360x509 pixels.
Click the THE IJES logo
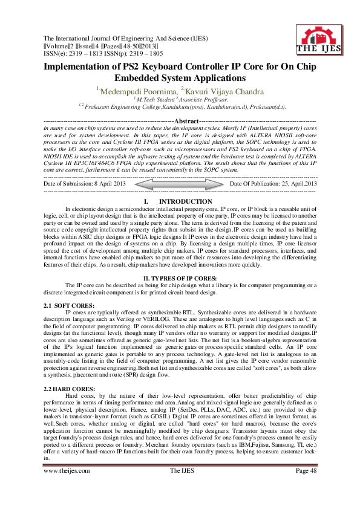(x=316, y=39)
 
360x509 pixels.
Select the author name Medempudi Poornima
(x=129, y=91)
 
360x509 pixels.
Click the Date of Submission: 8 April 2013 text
(x=85, y=183)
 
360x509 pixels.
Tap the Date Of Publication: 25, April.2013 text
(x=274, y=183)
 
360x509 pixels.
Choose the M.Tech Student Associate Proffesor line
(x=180, y=99)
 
